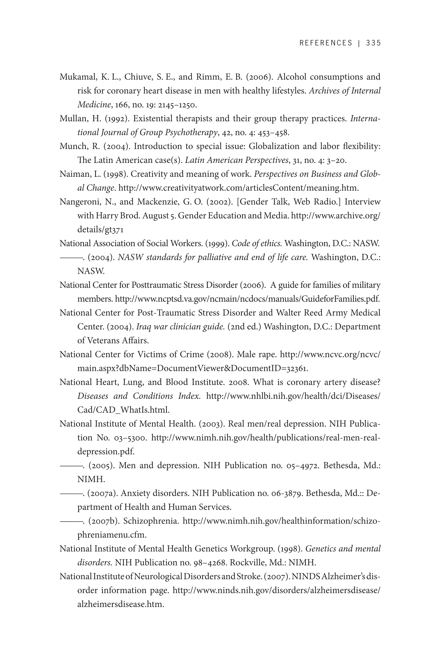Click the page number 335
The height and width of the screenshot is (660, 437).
[373, 43]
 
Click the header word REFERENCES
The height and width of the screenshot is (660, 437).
[326, 43]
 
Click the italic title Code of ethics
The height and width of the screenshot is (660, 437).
[257, 244]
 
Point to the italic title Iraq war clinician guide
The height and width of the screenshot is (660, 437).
[180, 327]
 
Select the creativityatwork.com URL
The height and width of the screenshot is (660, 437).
[238, 188]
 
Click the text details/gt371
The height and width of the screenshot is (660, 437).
[100, 230]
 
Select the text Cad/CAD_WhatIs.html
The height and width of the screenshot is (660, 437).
[123, 410]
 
